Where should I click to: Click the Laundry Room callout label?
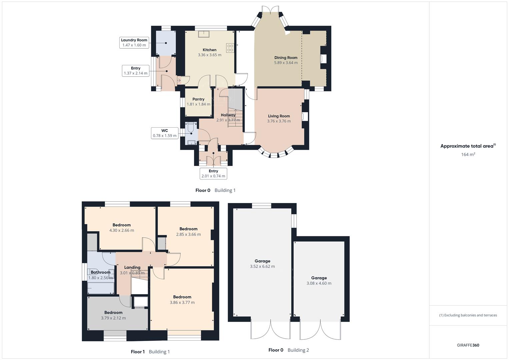click(x=134, y=43)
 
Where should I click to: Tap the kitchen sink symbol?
click(x=203, y=34)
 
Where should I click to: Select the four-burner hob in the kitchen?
click(x=230, y=48)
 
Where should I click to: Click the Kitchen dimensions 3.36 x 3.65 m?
click(x=209, y=55)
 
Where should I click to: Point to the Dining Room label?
click(x=286, y=58)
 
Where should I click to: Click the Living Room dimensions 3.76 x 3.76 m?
click(x=279, y=121)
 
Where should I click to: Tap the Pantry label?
click(x=198, y=99)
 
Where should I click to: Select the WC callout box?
click(x=165, y=133)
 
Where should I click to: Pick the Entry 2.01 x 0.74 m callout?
click(x=213, y=174)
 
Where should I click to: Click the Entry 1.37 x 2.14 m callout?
click(x=135, y=71)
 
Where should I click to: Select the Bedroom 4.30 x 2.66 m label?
click(x=122, y=228)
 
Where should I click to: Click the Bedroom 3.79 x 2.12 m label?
click(x=113, y=315)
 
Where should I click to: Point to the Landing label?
click(x=132, y=267)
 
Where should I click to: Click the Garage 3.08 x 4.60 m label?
click(x=319, y=280)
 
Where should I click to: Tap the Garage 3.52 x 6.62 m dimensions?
click(x=262, y=267)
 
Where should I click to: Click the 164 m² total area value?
click(x=468, y=155)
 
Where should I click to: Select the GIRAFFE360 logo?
click(x=468, y=345)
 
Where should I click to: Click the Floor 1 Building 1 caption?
click(x=150, y=352)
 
